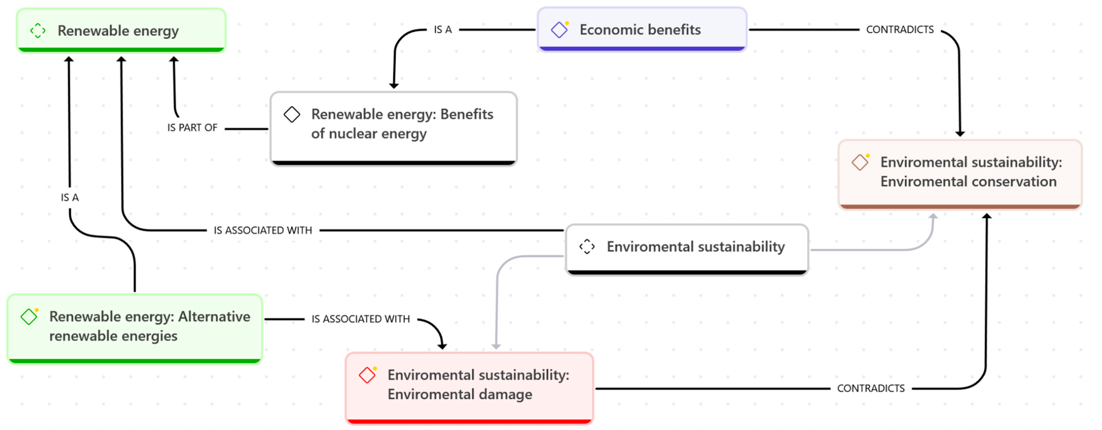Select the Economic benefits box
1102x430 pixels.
642,29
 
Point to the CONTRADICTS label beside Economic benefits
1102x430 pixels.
900,29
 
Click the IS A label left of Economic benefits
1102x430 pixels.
443,29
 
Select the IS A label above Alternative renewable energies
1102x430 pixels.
70,197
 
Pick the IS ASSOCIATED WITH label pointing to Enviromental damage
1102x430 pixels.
361,319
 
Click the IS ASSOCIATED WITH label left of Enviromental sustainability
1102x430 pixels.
263,230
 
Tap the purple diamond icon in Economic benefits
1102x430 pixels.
559,30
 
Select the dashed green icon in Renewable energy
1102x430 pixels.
38,31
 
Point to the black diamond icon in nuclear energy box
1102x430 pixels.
292,114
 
